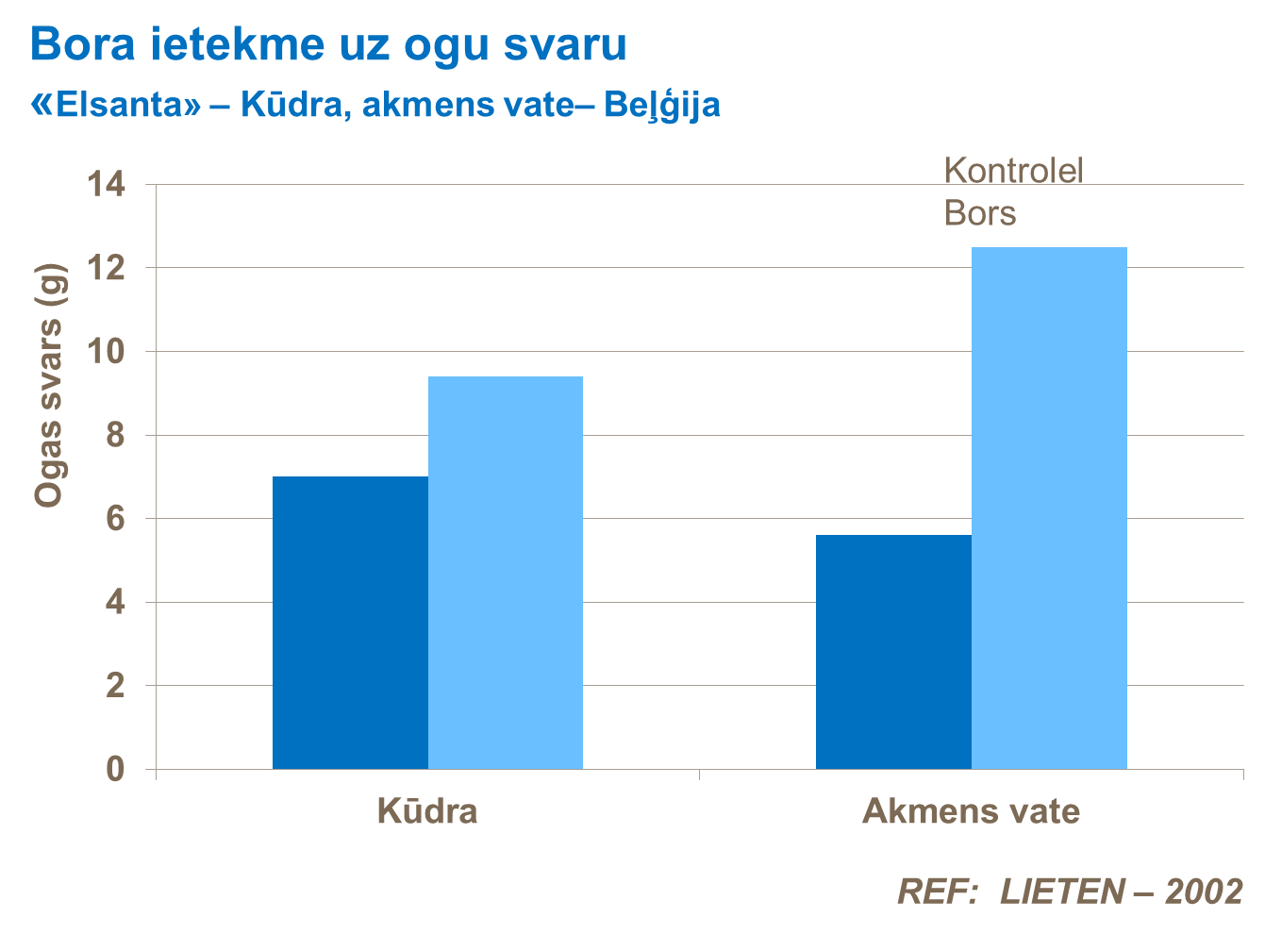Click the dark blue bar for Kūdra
pyautogui.click(x=350, y=623)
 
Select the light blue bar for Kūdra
pyautogui.click(x=506, y=573)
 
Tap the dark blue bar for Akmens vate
pyautogui.click(x=893, y=652)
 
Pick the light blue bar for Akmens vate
pyautogui.click(x=1049, y=508)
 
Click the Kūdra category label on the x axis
pyautogui.click(x=427, y=811)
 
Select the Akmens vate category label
pyautogui.click(x=971, y=811)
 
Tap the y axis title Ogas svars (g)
pyautogui.click(x=49, y=385)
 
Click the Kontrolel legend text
pyautogui.click(x=1013, y=171)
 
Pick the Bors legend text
pyautogui.click(x=980, y=213)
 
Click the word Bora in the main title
pyautogui.click(x=83, y=44)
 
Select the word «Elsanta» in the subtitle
pyautogui.click(x=116, y=105)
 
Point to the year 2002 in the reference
pyautogui.click(x=1204, y=892)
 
